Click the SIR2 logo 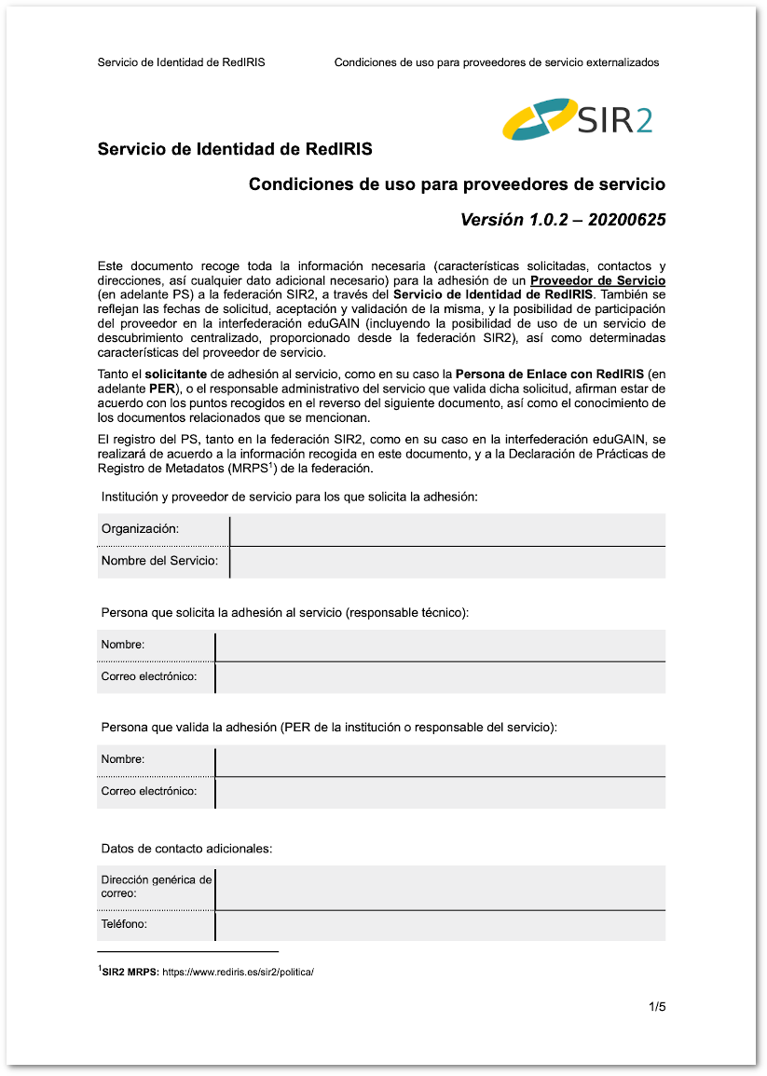pyautogui.click(x=577, y=119)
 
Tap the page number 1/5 pyautogui.click(x=657, y=1007)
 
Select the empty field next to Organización pyautogui.click(x=447, y=529)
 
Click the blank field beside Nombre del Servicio pyautogui.click(x=447, y=562)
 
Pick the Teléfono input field pyautogui.click(x=440, y=926)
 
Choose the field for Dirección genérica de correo pyautogui.click(x=440, y=887)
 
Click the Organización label pyautogui.click(x=141, y=529)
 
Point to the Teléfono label pyautogui.click(x=124, y=925)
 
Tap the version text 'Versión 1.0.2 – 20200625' pyautogui.click(x=563, y=221)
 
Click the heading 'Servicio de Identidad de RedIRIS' pyautogui.click(x=235, y=149)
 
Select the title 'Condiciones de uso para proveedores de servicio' pyautogui.click(x=457, y=184)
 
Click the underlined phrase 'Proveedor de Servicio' pyautogui.click(x=597, y=280)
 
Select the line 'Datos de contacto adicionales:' pyautogui.click(x=186, y=849)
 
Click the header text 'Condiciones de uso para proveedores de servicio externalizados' pyautogui.click(x=497, y=62)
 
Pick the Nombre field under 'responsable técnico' pyautogui.click(x=440, y=645)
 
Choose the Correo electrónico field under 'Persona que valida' pyautogui.click(x=440, y=792)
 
